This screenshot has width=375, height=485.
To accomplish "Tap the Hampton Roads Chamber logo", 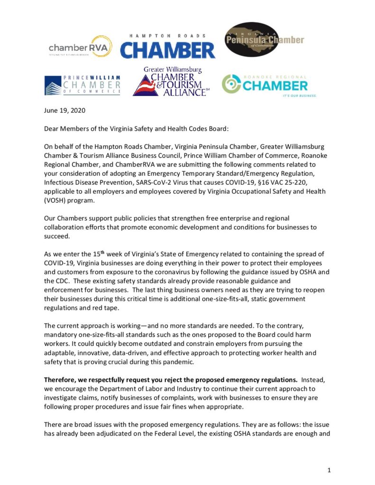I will pyautogui.click(x=168, y=46).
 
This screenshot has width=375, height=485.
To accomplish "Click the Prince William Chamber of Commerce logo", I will pyautogui.click(x=82, y=85).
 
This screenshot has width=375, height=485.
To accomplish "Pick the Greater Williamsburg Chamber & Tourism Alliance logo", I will pyautogui.click(x=172, y=82).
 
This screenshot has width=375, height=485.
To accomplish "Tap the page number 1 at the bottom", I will pyautogui.click(x=329, y=470).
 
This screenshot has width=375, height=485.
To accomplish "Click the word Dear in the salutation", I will pyautogui.click(x=53, y=128).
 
